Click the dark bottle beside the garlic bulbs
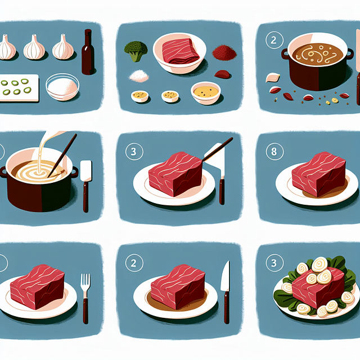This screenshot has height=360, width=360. click(88, 52)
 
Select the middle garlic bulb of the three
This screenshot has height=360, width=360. click(34, 47)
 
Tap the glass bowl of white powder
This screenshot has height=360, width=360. click(62, 87)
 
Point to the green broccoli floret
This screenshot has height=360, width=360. click(136, 51)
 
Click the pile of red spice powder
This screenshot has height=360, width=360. click(224, 52)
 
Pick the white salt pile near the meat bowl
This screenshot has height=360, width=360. click(139, 76)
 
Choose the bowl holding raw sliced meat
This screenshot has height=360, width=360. click(179, 53)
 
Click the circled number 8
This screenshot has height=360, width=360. click(274, 151)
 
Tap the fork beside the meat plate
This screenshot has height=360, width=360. click(85, 298)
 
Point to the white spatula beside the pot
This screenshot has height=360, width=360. click(86, 186)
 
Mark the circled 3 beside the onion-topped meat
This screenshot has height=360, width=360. click(274, 263)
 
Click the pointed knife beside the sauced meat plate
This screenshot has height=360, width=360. click(226, 292)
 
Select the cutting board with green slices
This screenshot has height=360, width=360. click(19, 88)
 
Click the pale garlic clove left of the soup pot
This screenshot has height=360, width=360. click(272, 78)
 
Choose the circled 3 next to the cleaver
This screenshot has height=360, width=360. click(134, 151)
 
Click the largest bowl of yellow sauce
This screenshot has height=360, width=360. click(206, 92)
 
